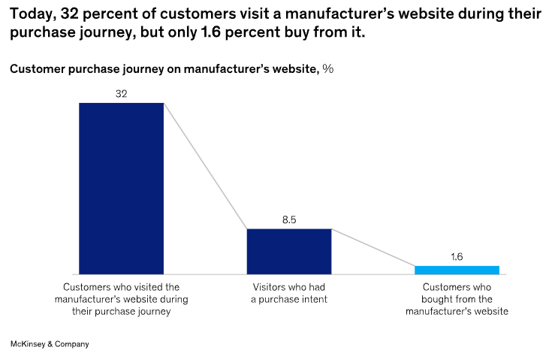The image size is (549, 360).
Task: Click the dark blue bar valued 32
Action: [121, 188]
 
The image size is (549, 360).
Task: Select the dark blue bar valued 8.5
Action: [289, 251]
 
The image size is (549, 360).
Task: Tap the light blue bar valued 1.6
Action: [457, 270]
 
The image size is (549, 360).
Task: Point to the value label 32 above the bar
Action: [121, 94]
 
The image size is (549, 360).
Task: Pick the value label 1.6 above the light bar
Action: [457, 257]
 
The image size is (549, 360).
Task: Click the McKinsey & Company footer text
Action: [50, 343]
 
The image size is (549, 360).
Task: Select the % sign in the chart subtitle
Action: [327, 69]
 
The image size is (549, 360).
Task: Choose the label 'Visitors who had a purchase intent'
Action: [289, 293]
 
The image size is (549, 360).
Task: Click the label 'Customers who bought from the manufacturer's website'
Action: [457, 299]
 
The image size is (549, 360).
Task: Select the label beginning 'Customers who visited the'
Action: [121, 299]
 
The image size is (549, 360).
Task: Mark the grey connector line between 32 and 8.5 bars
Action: [206, 165]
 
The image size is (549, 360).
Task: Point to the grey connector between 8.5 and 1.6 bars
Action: [373, 247]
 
